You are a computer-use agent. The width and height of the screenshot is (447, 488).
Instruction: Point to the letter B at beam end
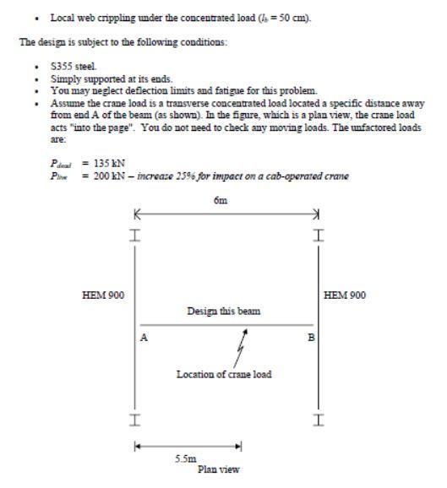click(x=309, y=337)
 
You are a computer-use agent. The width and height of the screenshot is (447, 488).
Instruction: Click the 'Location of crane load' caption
click(x=224, y=374)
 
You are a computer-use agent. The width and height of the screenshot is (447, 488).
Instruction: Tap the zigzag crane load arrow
click(x=240, y=345)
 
